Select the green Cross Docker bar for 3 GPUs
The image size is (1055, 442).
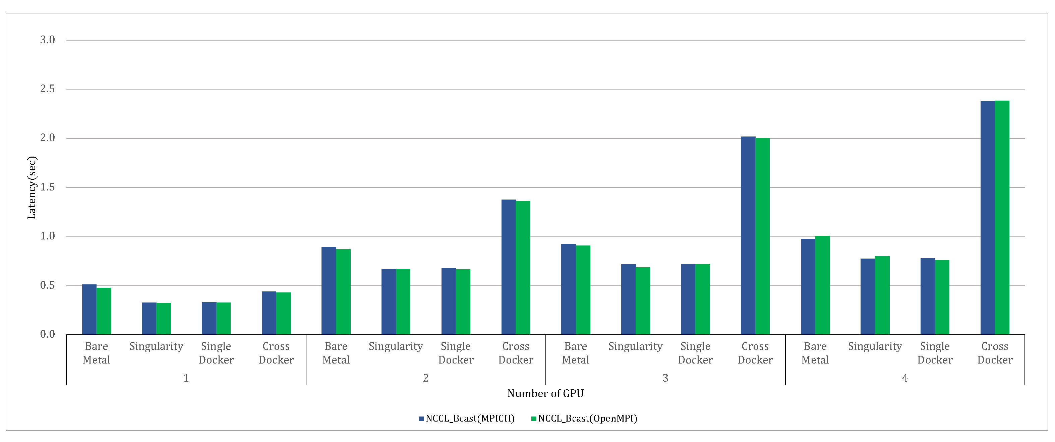(x=763, y=236)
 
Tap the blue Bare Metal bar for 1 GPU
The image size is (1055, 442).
(x=89, y=309)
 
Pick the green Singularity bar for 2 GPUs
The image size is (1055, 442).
(x=403, y=301)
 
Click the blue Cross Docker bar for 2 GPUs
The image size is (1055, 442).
(x=509, y=267)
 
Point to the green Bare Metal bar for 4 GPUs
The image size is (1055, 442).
(x=822, y=285)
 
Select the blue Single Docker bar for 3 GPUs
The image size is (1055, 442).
(x=688, y=299)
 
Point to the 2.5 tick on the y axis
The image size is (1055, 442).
(x=48, y=89)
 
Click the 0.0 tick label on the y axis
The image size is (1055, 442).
(x=48, y=334)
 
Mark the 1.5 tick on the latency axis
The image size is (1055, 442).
(x=48, y=187)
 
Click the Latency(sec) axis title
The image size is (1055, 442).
(x=32, y=187)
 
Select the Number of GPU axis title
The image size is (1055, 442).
(x=545, y=394)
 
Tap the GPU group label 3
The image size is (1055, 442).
(x=665, y=378)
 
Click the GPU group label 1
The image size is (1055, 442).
(x=186, y=378)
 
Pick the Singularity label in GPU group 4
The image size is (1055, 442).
(x=875, y=346)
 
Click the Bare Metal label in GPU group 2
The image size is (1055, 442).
(x=336, y=353)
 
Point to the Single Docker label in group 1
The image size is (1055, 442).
(x=216, y=353)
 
